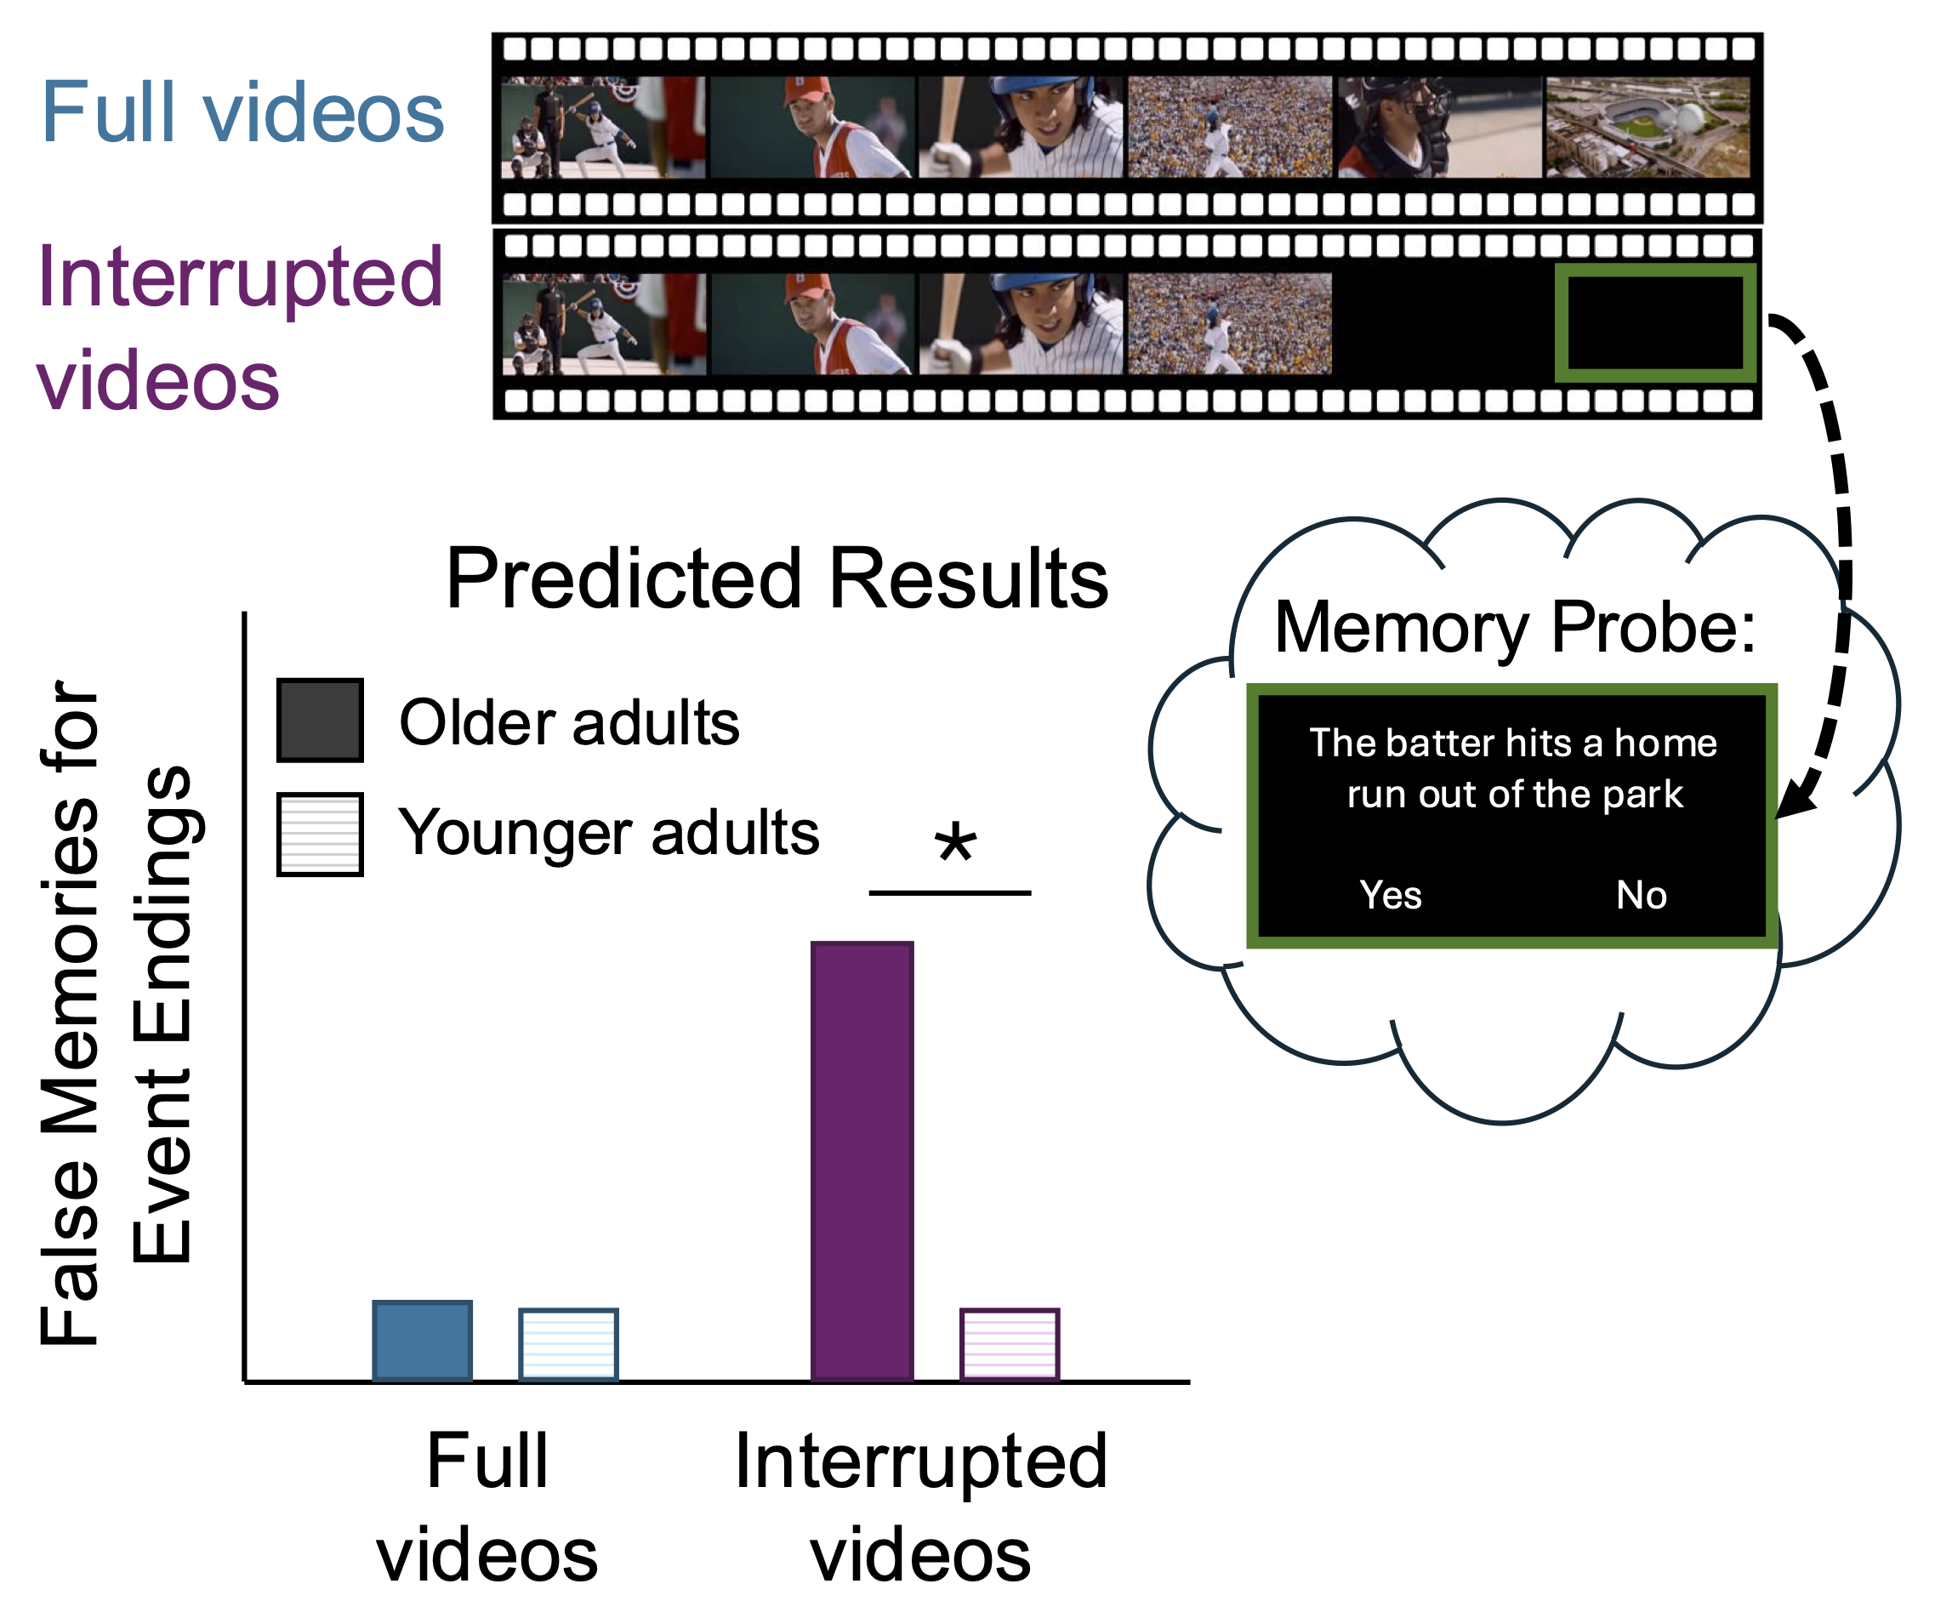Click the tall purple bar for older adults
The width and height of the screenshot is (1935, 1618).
point(862,1160)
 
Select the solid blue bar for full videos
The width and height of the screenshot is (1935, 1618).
point(422,1340)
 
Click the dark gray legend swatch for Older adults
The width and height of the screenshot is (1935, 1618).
point(320,721)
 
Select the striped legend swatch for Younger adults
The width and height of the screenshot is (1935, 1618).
point(320,834)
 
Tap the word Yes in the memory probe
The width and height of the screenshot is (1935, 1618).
point(1391,895)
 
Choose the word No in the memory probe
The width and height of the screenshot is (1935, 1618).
point(1641,895)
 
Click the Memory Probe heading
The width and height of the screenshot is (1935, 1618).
point(1515,629)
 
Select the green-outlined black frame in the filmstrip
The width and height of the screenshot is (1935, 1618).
point(1655,323)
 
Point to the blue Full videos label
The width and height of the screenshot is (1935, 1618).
point(242,112)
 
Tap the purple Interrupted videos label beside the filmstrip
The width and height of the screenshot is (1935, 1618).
point(240,328)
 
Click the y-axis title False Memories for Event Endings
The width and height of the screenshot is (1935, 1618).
point(115,1013)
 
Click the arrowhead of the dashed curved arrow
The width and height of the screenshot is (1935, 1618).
point(1792,806)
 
